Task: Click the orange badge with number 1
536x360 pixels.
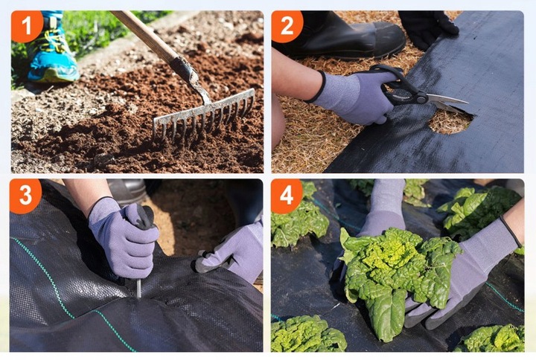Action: coord(26,26)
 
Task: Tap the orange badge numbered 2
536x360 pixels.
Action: coord(287,26)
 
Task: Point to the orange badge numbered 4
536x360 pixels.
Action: coord(287,196)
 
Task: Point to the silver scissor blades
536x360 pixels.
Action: coord(448,103)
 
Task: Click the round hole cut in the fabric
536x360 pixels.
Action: coord(450,122)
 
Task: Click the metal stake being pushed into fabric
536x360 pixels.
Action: coord(138,288)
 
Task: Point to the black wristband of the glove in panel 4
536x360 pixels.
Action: coord(511,231)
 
